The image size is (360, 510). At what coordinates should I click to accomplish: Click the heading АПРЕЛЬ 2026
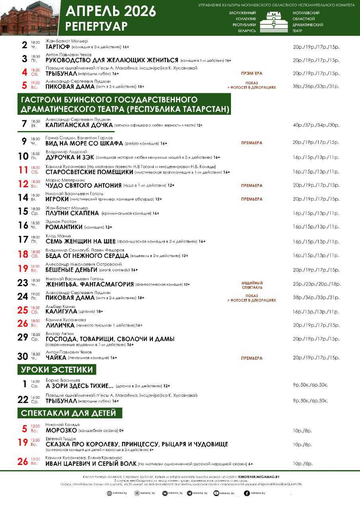pyautogui.click(x=111, y=12)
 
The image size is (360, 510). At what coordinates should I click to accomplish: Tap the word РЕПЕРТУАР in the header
pyautogui.click(x=97, y=26)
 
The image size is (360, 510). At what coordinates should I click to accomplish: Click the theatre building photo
pyautogui.click(x=30, y=18)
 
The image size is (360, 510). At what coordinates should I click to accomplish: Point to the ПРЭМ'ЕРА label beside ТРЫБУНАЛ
pyautogui.click(x=252, y=74)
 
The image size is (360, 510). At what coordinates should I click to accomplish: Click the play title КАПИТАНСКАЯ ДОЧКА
pyautogui.click(x=79, y=125)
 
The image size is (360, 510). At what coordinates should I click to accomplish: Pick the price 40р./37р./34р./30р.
pyautogui.click(x=316, y=125)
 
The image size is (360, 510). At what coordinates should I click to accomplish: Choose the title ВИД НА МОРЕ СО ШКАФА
pyautogui.click(x=84, y=143)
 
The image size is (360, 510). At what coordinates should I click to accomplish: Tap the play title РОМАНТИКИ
pyautogui.click(x=64, y=227)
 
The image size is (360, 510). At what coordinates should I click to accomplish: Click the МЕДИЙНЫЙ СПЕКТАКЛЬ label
pyautogui.click(x=252, y=285)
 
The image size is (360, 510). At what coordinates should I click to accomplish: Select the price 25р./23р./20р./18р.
pyautogui.click(x=317, y=284)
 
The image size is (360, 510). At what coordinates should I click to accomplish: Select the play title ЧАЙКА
pyautogui.click(x=56, y=358)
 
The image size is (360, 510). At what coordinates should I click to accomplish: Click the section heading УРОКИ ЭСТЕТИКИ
pyautogui.click(x=57, y=369)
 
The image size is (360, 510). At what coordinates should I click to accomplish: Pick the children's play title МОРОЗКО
pyautogui.click(x=61, y=430)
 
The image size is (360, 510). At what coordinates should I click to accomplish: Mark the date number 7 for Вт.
pyautogui.click(x=24, y=123)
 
